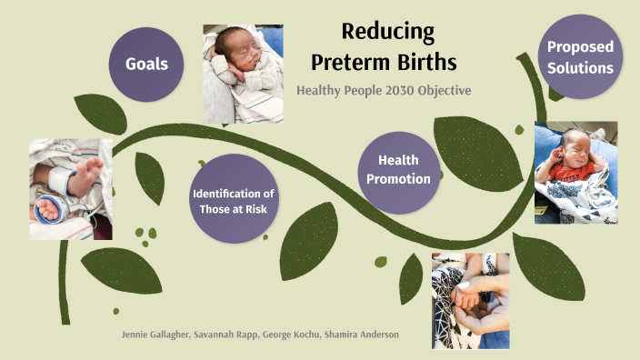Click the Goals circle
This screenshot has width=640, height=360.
tap(145, 65)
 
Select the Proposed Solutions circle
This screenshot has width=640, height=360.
tap(580, 57)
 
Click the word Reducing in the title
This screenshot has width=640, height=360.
tap(387, 32)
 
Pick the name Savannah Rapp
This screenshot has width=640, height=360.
tap(225, 335)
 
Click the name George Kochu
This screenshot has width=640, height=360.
tap(288, 335)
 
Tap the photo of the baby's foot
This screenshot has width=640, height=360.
tap(71, 188)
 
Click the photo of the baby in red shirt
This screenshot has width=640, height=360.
tap(575, 172)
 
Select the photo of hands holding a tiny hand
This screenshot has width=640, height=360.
tap(470, 300)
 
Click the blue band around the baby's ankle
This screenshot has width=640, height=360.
tap(47, 207)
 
